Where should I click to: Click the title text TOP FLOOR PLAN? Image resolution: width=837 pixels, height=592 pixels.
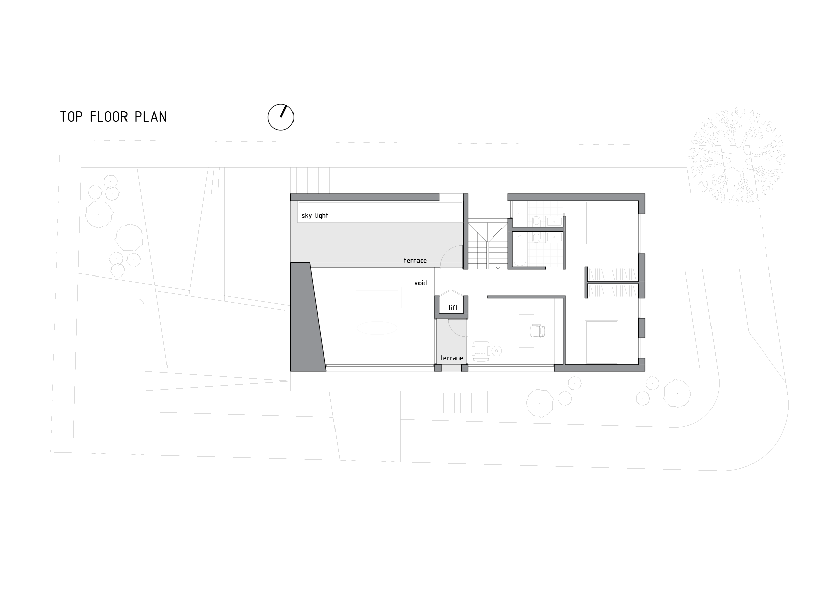coord(113,117)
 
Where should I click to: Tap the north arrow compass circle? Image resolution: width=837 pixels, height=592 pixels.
coord(280,117)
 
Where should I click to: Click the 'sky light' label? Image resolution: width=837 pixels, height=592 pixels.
coord(315,216)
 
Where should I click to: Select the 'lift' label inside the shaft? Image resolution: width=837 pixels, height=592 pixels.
coord(453,307)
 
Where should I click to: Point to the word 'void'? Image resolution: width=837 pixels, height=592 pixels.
coord(421,283)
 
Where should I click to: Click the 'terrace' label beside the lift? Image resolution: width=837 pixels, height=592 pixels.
coord(451,358)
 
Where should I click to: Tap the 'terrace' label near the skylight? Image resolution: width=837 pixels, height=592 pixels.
coord(415,260)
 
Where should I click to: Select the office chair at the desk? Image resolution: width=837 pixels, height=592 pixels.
coord(536,331)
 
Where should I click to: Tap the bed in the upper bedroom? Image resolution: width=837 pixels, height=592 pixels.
coord(602,223)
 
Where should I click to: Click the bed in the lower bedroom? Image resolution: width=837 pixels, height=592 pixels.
coord(602,342)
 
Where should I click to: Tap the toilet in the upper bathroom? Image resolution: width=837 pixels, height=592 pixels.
coord(535,220)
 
